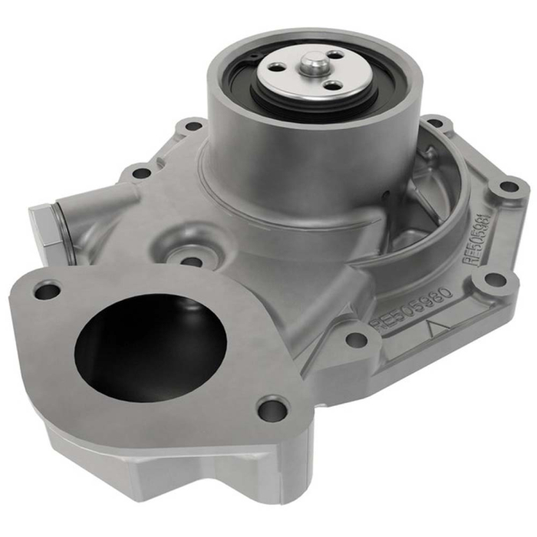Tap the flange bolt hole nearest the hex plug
[x=48, y=291]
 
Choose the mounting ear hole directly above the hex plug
[x=141, y=173]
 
